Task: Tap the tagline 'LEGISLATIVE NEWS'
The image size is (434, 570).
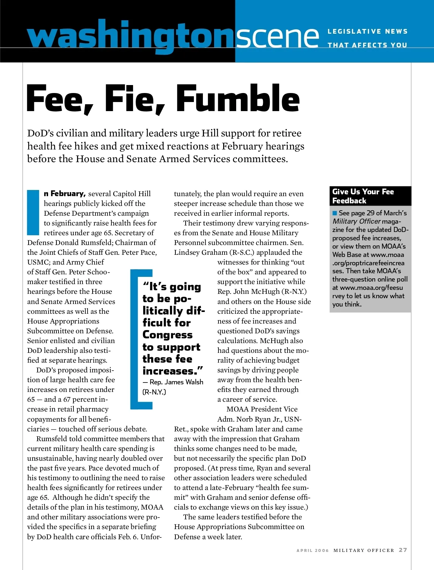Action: pyautogui.click(x=367, y=31)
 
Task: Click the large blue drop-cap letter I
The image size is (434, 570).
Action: pyautogui.click(x=33, y=212)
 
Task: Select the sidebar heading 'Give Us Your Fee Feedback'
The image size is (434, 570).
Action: pyautogui.click(x=363, y=196)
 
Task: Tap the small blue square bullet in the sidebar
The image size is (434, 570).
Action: pyautogui.click(x=335, y=213)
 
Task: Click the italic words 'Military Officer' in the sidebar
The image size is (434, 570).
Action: pyautogui.click(x=357, y=221)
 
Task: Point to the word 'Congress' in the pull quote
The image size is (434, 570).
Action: pyautogui.click(x=167, y=335)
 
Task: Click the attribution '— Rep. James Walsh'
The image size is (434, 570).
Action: pyautogui.click(x=173, y=382)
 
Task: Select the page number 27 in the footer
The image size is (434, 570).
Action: pyautogui.click(x=403, y=550)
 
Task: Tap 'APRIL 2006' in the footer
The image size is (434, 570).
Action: pyautogui.click(x=312, y=550)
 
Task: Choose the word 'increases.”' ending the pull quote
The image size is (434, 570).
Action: pyautogui.click(x=173, y=371)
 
